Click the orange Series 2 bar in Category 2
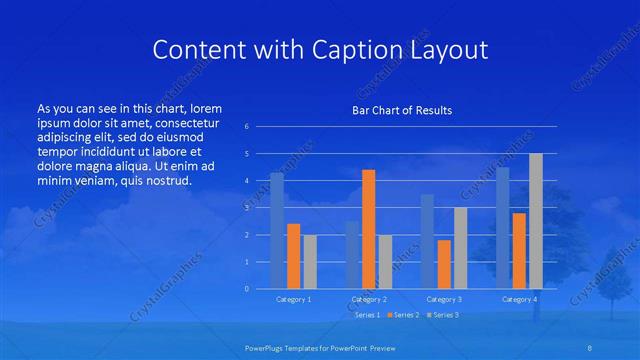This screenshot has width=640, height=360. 368,229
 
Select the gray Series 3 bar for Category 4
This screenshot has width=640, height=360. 535,221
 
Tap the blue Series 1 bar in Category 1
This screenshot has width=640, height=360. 276,231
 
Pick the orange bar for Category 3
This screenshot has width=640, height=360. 444,264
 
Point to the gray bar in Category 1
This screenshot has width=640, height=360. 310,262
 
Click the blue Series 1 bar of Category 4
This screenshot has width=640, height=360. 502,228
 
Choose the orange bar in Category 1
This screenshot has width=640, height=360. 293,256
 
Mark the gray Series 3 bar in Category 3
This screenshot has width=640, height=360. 460,248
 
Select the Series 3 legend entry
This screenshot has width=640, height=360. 443,315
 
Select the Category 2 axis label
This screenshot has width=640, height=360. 369,299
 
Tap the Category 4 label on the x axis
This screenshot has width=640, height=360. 519,299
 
